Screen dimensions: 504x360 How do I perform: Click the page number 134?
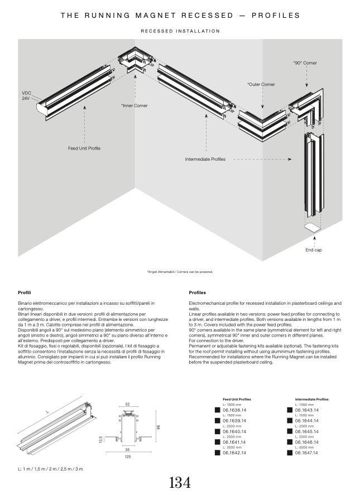180,483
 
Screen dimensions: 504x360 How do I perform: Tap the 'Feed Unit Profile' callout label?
84,148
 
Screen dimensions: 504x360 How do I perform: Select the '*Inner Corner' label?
135,105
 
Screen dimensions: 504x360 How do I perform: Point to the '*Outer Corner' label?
261,84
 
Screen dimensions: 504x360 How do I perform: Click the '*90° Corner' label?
305,63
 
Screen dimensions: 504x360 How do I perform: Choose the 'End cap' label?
313,250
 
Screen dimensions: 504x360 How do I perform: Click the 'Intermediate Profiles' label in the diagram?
205,159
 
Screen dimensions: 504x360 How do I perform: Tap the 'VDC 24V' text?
27,95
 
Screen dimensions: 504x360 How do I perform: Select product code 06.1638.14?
234,410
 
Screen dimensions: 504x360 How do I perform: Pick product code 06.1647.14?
306,453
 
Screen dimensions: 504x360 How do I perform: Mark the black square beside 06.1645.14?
290,431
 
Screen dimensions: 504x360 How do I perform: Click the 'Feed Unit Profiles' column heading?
237,400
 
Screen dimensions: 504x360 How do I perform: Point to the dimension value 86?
159,428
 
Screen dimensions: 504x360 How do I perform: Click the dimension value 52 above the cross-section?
127,404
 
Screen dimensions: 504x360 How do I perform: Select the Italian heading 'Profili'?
25,292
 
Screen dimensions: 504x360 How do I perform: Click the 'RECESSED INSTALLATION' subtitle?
180,31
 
